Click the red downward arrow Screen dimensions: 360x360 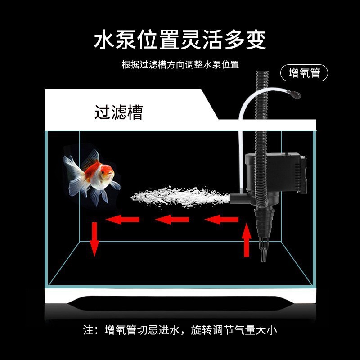(94, 238)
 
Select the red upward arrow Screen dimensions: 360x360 (246, 241)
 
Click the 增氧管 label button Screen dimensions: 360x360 (304, 73)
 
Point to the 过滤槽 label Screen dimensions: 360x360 (118, 112)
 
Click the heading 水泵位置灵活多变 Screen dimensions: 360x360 (180, 40)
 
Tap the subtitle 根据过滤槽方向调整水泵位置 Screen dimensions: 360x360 (180, 64)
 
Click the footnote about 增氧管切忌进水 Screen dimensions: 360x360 (180, 329)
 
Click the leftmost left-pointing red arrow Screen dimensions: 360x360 (122, 219)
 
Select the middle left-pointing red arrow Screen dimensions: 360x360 (172, 219)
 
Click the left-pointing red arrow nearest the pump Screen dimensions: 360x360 (221, 219)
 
